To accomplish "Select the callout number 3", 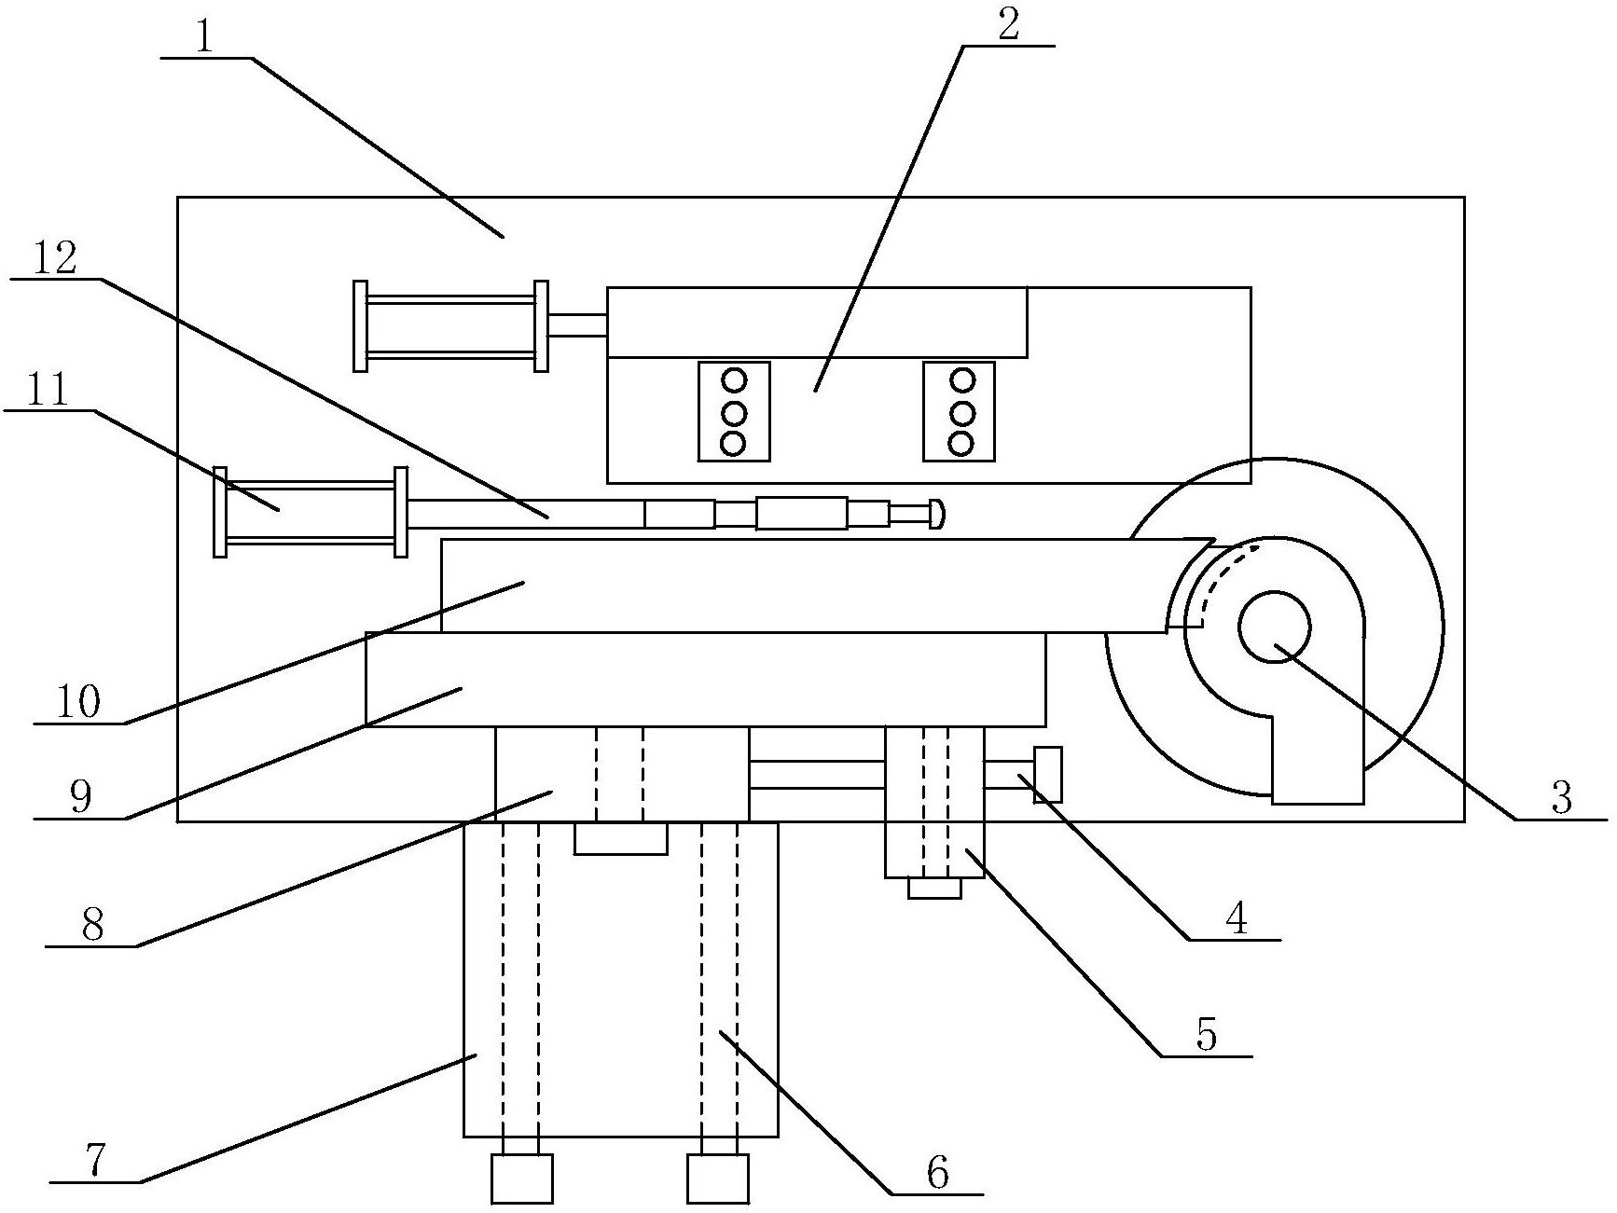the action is click(x=1561, y=797).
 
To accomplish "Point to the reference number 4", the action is click(x=1237, y=918).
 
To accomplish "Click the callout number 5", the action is click(x=1207, y=1035).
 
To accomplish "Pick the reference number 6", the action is click(x=937, y=1172).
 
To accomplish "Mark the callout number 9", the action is click(x=81, y=799).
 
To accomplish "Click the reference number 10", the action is click(x=78, y=702).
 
